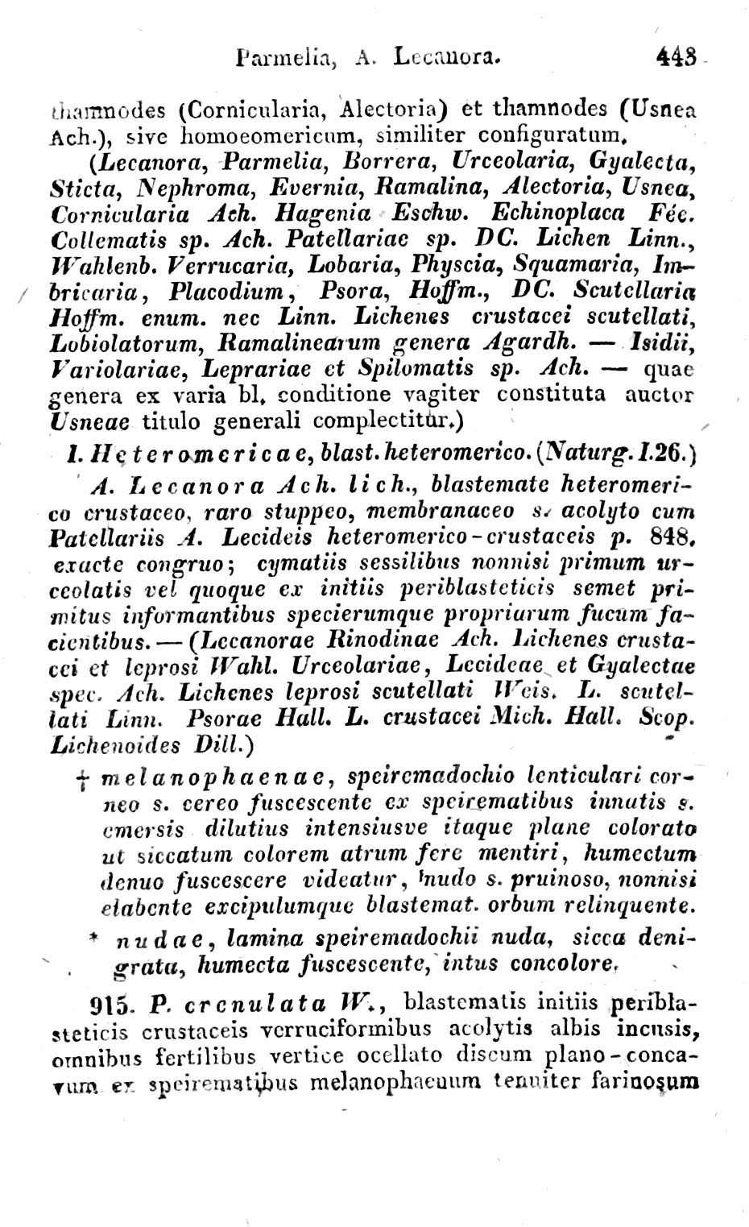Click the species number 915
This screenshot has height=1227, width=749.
click(x=112, y=1006)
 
